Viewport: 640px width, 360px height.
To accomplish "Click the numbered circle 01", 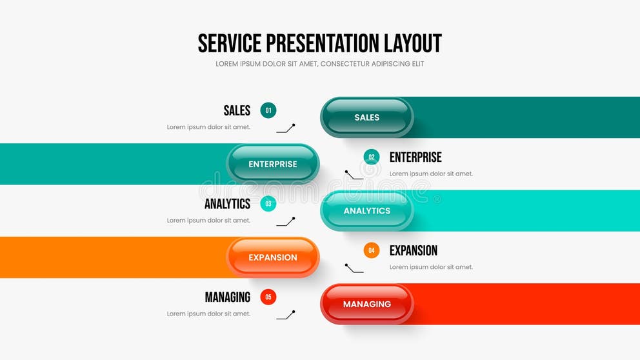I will (268, 110).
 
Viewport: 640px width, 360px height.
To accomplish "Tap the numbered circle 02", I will (372, 157).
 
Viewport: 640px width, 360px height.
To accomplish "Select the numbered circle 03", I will (268, 204).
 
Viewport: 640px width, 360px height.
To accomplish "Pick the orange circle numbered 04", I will (372, 250).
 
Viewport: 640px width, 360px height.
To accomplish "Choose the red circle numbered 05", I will (268, 297).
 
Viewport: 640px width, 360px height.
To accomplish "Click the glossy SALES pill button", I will (366, 117).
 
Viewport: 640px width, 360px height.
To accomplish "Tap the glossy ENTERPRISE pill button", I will (273, 164).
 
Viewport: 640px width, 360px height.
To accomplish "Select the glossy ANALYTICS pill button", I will (366, 211).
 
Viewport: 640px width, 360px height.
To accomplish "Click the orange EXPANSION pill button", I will (273, 257).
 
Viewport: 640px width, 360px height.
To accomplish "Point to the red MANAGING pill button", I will (366, 304).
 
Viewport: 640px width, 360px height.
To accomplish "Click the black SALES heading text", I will (237, 110).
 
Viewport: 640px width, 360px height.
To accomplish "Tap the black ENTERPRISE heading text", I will (415, 157).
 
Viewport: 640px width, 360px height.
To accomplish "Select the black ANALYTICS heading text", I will (227, 204).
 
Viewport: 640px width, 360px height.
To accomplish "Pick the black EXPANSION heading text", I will (414, 250).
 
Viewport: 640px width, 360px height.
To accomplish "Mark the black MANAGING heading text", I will (227, 297).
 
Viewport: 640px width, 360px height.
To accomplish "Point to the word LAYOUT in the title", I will (413, 43).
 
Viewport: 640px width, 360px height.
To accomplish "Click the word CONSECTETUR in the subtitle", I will (348, 64).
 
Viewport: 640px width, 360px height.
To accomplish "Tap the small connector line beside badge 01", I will (286, 128).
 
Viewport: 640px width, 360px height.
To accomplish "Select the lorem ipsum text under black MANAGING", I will (208, 314).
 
